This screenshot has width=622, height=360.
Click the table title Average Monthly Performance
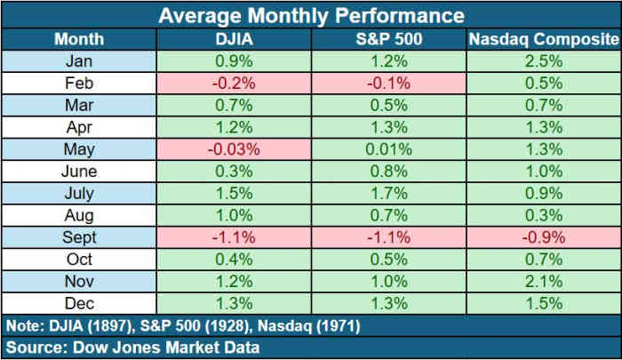pyautogui.click(x=310, y=15)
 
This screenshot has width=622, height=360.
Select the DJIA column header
pyautogui.click(x=235, y=39)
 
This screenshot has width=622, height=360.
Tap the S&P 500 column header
pyautogui.click(x=388, y=39)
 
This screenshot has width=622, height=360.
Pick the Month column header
pyautogui.click(x=79, y=39)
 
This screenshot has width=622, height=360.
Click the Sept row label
pyautogui.click(x=79, y=237)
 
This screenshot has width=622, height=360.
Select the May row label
pyautogui.click(x=79, y=149)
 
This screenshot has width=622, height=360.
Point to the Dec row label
pyautogui.click(x=79, y=303)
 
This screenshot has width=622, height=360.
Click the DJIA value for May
pyautogui.click(x=235, y=149)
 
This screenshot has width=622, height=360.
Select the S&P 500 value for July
pyautogui.click(x=388, y=194)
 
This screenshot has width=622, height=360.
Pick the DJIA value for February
pyautogui.click(x=235, y=84)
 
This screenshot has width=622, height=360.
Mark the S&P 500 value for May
pyautogui.click(x=388, y=149)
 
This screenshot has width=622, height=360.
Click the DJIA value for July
pyautogui.click(x=235, y=194)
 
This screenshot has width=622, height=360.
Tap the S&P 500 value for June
pyautogui.click(x=388, y=172)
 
